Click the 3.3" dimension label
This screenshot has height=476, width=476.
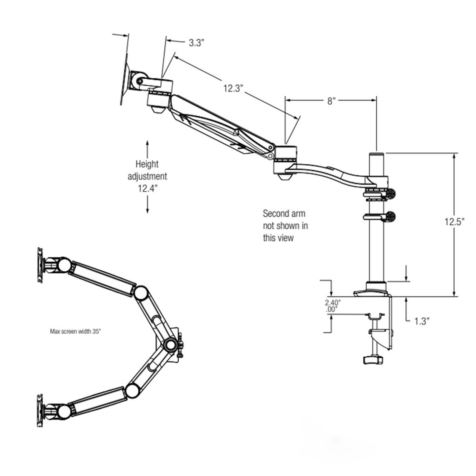(196, 43)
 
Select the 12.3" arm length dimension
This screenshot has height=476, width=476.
(233, 88)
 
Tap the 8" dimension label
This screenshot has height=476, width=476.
(331, 101)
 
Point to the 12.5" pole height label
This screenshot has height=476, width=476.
(454, 222)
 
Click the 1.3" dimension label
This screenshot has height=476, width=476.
(422, 321)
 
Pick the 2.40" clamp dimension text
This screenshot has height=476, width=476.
(333, 303)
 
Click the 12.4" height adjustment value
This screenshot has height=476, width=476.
(147, 189)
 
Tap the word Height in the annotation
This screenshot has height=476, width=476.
(147, 164)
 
